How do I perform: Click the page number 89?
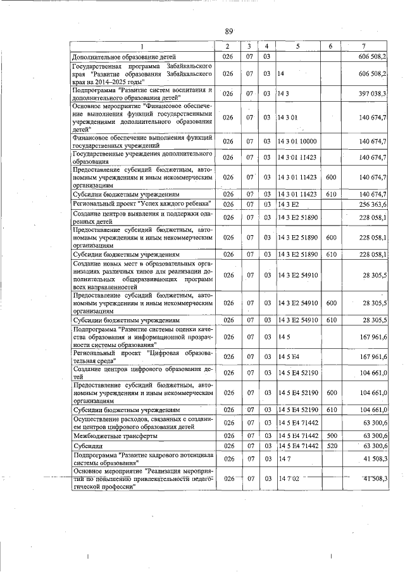click(229, 31)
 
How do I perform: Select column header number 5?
click(296, 46)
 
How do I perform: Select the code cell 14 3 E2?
click(288, 204)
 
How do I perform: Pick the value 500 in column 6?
click(330, 435)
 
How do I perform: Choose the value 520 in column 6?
click(330, 446)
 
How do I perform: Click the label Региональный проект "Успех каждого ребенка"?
click(141, 204)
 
